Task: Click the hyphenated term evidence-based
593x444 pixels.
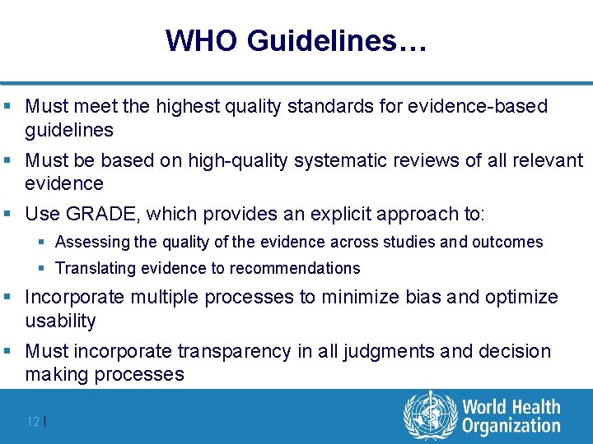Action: point(489,106)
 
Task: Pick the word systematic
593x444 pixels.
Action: point(340,160)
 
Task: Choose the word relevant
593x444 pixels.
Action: point(544,160)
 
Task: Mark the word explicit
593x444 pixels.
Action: point(341,215)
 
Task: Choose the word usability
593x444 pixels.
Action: point(60,321)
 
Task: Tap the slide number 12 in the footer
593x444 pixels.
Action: point(33,421)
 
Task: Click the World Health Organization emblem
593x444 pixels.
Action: point(429,415)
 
